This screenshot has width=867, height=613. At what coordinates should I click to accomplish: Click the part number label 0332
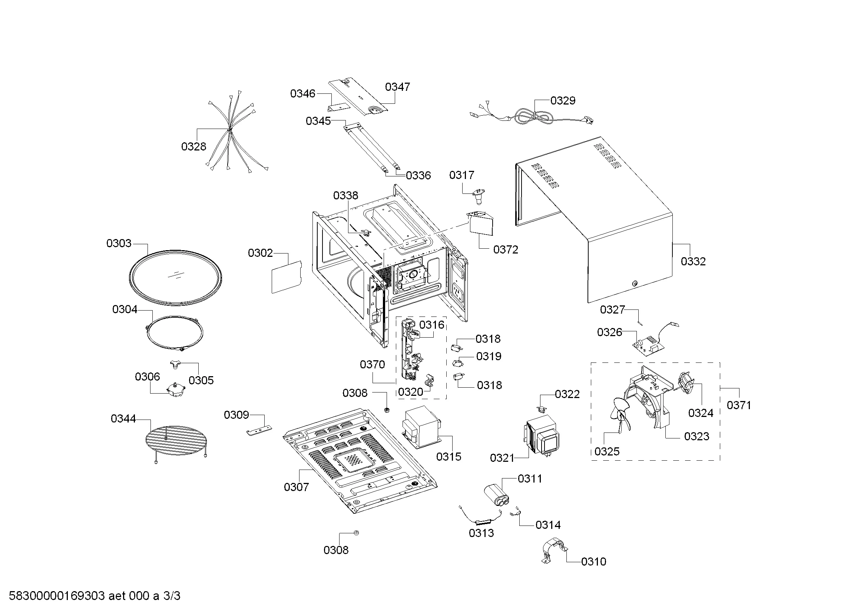pos(693,261)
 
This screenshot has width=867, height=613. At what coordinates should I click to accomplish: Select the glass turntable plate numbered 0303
pos(175,278)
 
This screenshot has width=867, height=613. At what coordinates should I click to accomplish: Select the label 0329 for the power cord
pos(563,100)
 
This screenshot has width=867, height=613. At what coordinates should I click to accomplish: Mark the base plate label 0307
pos(296,487)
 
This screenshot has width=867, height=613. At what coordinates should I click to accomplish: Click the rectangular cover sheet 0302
pos(287,277)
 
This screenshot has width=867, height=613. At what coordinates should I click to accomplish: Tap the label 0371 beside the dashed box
pos(739,405)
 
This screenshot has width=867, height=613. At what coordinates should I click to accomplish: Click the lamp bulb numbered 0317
pos(479,195)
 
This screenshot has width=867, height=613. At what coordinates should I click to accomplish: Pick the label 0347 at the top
pos(397,87)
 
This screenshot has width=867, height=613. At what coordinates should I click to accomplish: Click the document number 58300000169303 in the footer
pos(57,596)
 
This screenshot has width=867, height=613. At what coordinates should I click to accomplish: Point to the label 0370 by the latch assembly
pos(372,364)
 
